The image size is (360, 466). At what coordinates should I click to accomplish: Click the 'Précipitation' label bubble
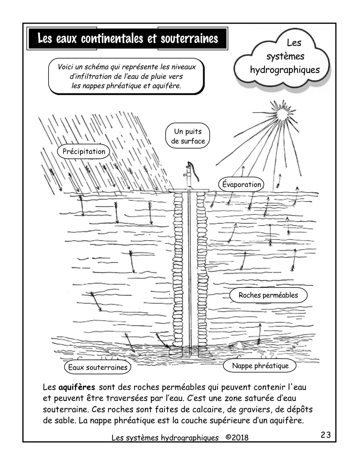coord(84,151)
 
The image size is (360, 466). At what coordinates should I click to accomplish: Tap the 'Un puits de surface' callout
coord(188,136)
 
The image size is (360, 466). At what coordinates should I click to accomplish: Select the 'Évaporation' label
coord(241,184)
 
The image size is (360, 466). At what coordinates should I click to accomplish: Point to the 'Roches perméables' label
coord(268,295)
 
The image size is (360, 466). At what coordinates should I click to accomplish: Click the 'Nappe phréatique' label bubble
coord(260,366)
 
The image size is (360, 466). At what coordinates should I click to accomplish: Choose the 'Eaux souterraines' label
coord(98,367)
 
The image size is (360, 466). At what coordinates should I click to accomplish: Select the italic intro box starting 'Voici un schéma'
coord(126,76)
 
